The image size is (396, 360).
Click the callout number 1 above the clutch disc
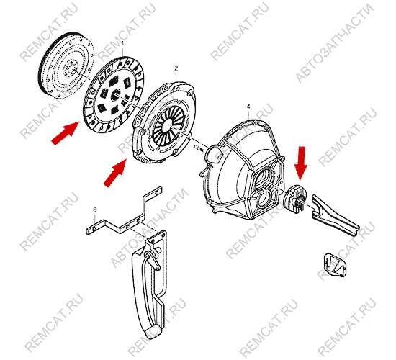point(122,44)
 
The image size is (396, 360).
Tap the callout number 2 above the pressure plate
point(176,68)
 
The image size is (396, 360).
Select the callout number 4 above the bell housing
point(248,107)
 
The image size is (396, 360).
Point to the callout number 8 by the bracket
point(95,210)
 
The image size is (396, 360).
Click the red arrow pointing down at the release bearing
point(300,163)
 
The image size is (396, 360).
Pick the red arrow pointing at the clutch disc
point(66,133)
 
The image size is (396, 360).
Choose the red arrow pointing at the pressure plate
point(115,174)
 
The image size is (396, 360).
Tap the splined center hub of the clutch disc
point(116,95)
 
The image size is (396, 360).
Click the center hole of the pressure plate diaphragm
point(168,125)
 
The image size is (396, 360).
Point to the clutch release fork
point(333,215)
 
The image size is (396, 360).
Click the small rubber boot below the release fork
point(335,264)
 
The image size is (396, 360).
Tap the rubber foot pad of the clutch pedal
point(153,332)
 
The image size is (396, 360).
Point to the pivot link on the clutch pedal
point(153,260)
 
